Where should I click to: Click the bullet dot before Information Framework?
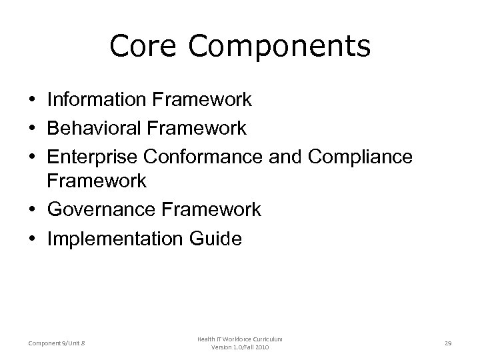(33, 101)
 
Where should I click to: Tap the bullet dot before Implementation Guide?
(33, 238)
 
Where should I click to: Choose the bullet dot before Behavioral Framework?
(33, 128)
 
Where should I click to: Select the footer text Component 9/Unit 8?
(57, 343)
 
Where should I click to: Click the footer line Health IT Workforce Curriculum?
(240, 339)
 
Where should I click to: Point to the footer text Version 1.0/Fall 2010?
(240, 348)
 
